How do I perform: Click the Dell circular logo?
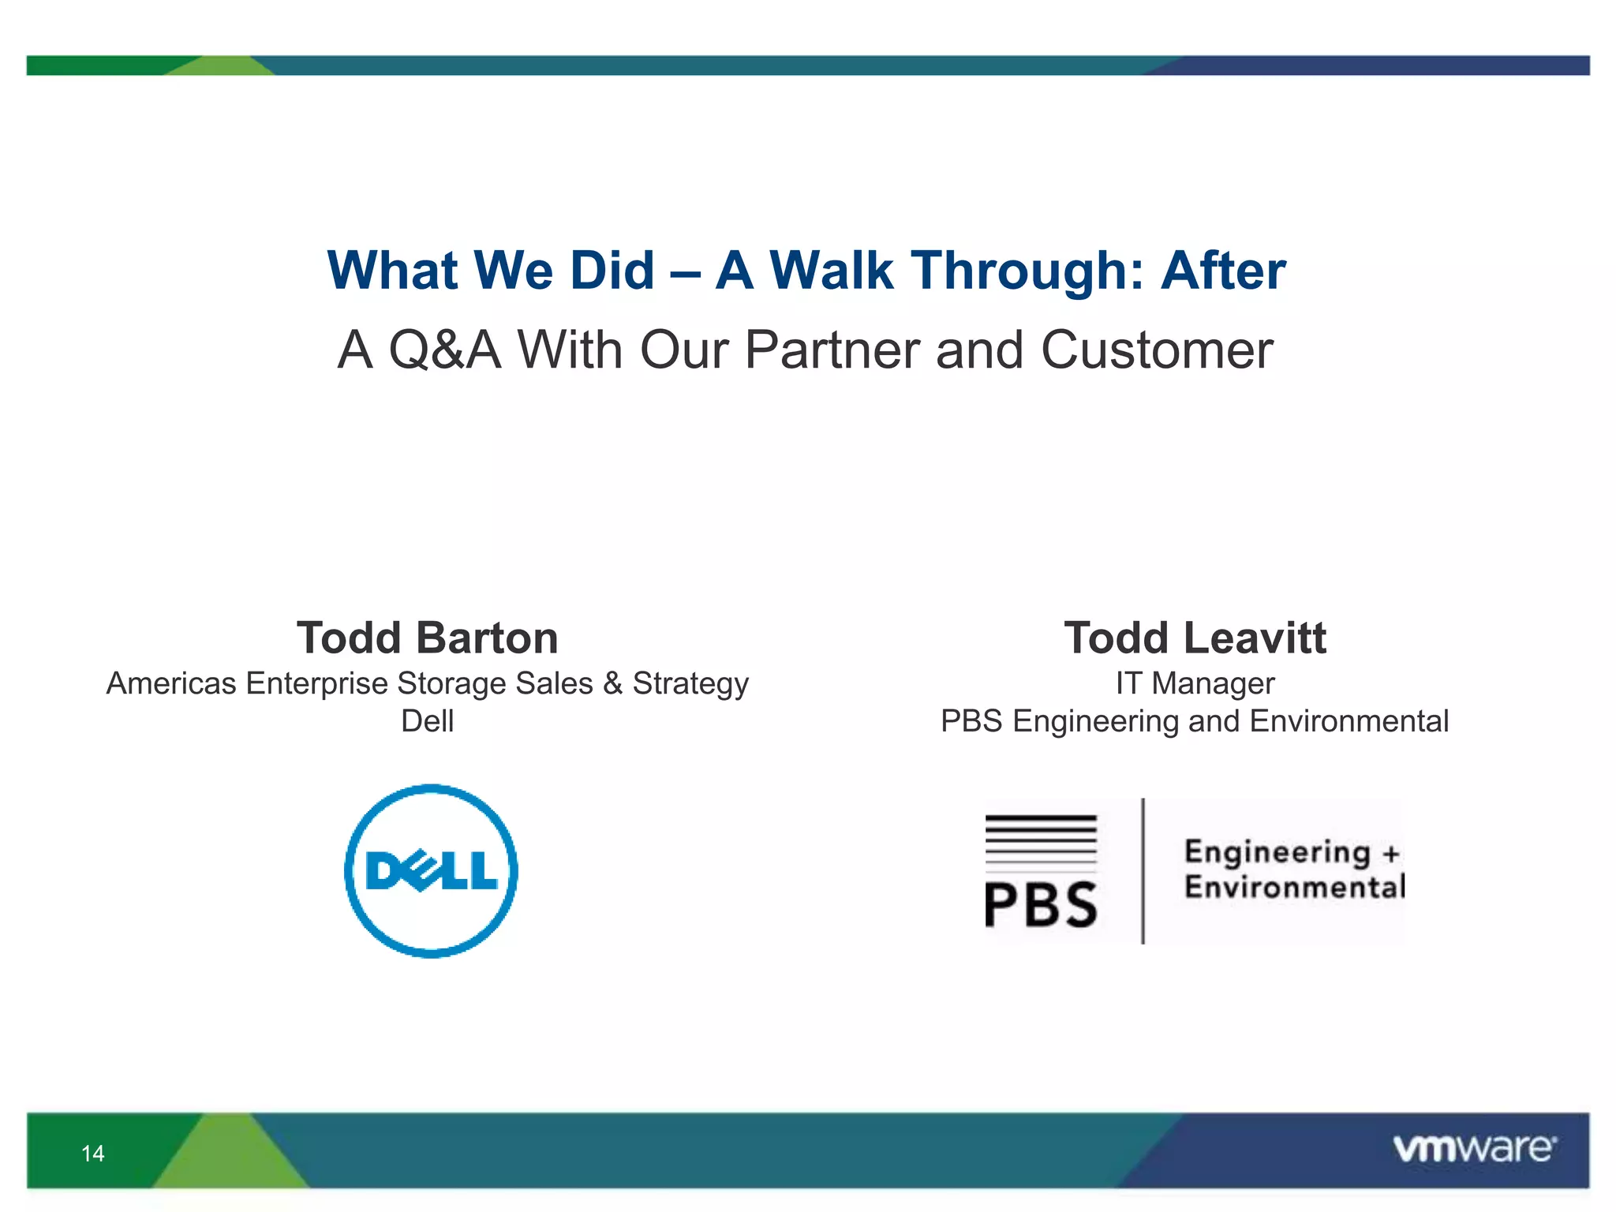tap(431, 871)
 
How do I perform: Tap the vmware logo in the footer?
tap(1474, 1149)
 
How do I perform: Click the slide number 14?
tap(93, 1154)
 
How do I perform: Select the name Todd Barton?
tap(428, 638)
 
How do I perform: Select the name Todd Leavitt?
tap(1195, 638)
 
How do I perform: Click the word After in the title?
tap(1222, 271)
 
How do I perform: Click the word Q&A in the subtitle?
tap(444, 350)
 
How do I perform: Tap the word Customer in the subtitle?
tap(1156, 350)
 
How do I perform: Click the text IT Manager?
tap(1195, 683)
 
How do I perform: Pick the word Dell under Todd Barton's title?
tap(428, 721)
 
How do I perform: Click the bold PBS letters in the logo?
tap(1041, 904)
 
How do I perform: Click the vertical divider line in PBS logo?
tap(1143, 871)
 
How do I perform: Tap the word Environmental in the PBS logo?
tap(1294, 887)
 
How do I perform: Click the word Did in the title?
tap(612, 271)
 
